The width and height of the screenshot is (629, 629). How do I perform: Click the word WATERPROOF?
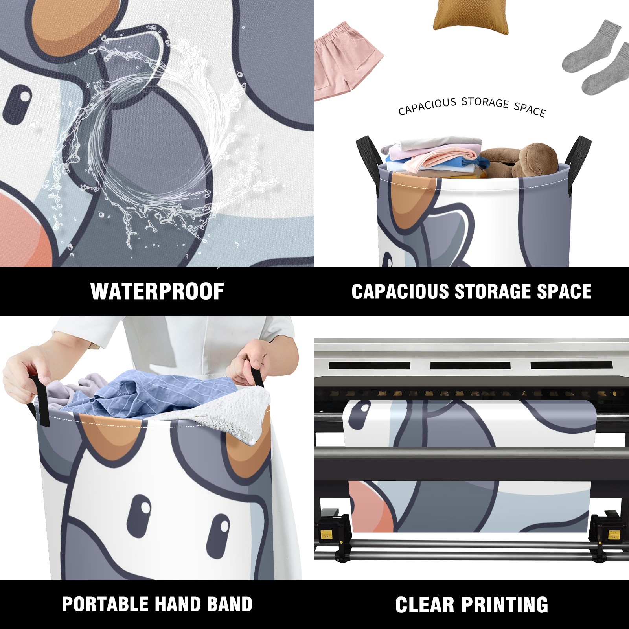(157, 291)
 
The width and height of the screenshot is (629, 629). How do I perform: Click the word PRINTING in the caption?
(505, 605)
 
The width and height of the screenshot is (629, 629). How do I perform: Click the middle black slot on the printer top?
(470, 365)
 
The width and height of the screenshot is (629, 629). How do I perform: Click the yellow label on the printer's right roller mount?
(614, 535)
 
